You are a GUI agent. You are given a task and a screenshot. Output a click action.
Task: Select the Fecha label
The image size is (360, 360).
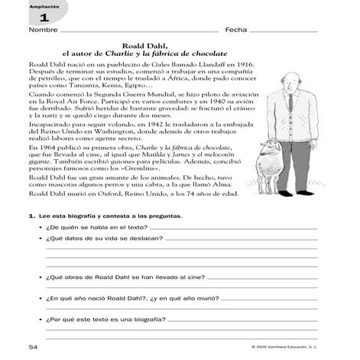[x=235, y=31]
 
